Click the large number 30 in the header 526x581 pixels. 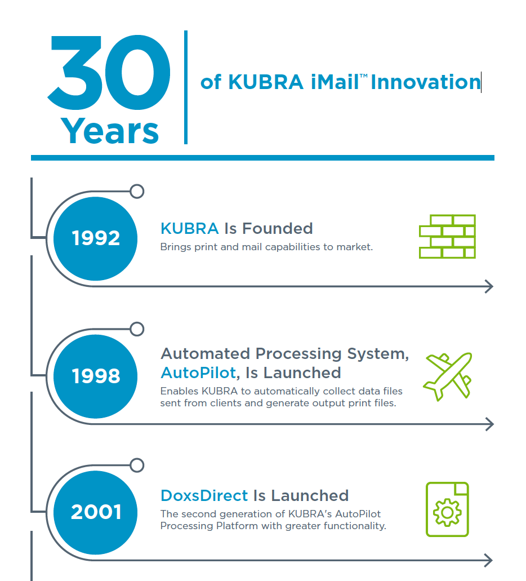(109, 73)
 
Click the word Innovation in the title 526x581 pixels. (426, 82)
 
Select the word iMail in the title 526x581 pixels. (335, 82)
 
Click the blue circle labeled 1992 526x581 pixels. (95, 238)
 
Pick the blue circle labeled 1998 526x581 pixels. (95, 376)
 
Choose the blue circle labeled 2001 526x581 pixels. (95, 512)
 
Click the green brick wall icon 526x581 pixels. (447, 237)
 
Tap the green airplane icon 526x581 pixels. (448, 376)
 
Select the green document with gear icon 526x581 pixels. (447, 509)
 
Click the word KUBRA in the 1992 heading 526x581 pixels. (189, 229)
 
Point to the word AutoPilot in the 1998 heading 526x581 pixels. (198, 372)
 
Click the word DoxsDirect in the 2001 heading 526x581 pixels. (204, 495)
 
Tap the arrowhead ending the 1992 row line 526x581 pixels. (490, 286)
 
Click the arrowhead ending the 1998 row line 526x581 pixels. (490, 424)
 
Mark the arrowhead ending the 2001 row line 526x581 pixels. (489, 560)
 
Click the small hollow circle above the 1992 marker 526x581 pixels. (137, 192)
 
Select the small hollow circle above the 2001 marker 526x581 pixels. (137, 465)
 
